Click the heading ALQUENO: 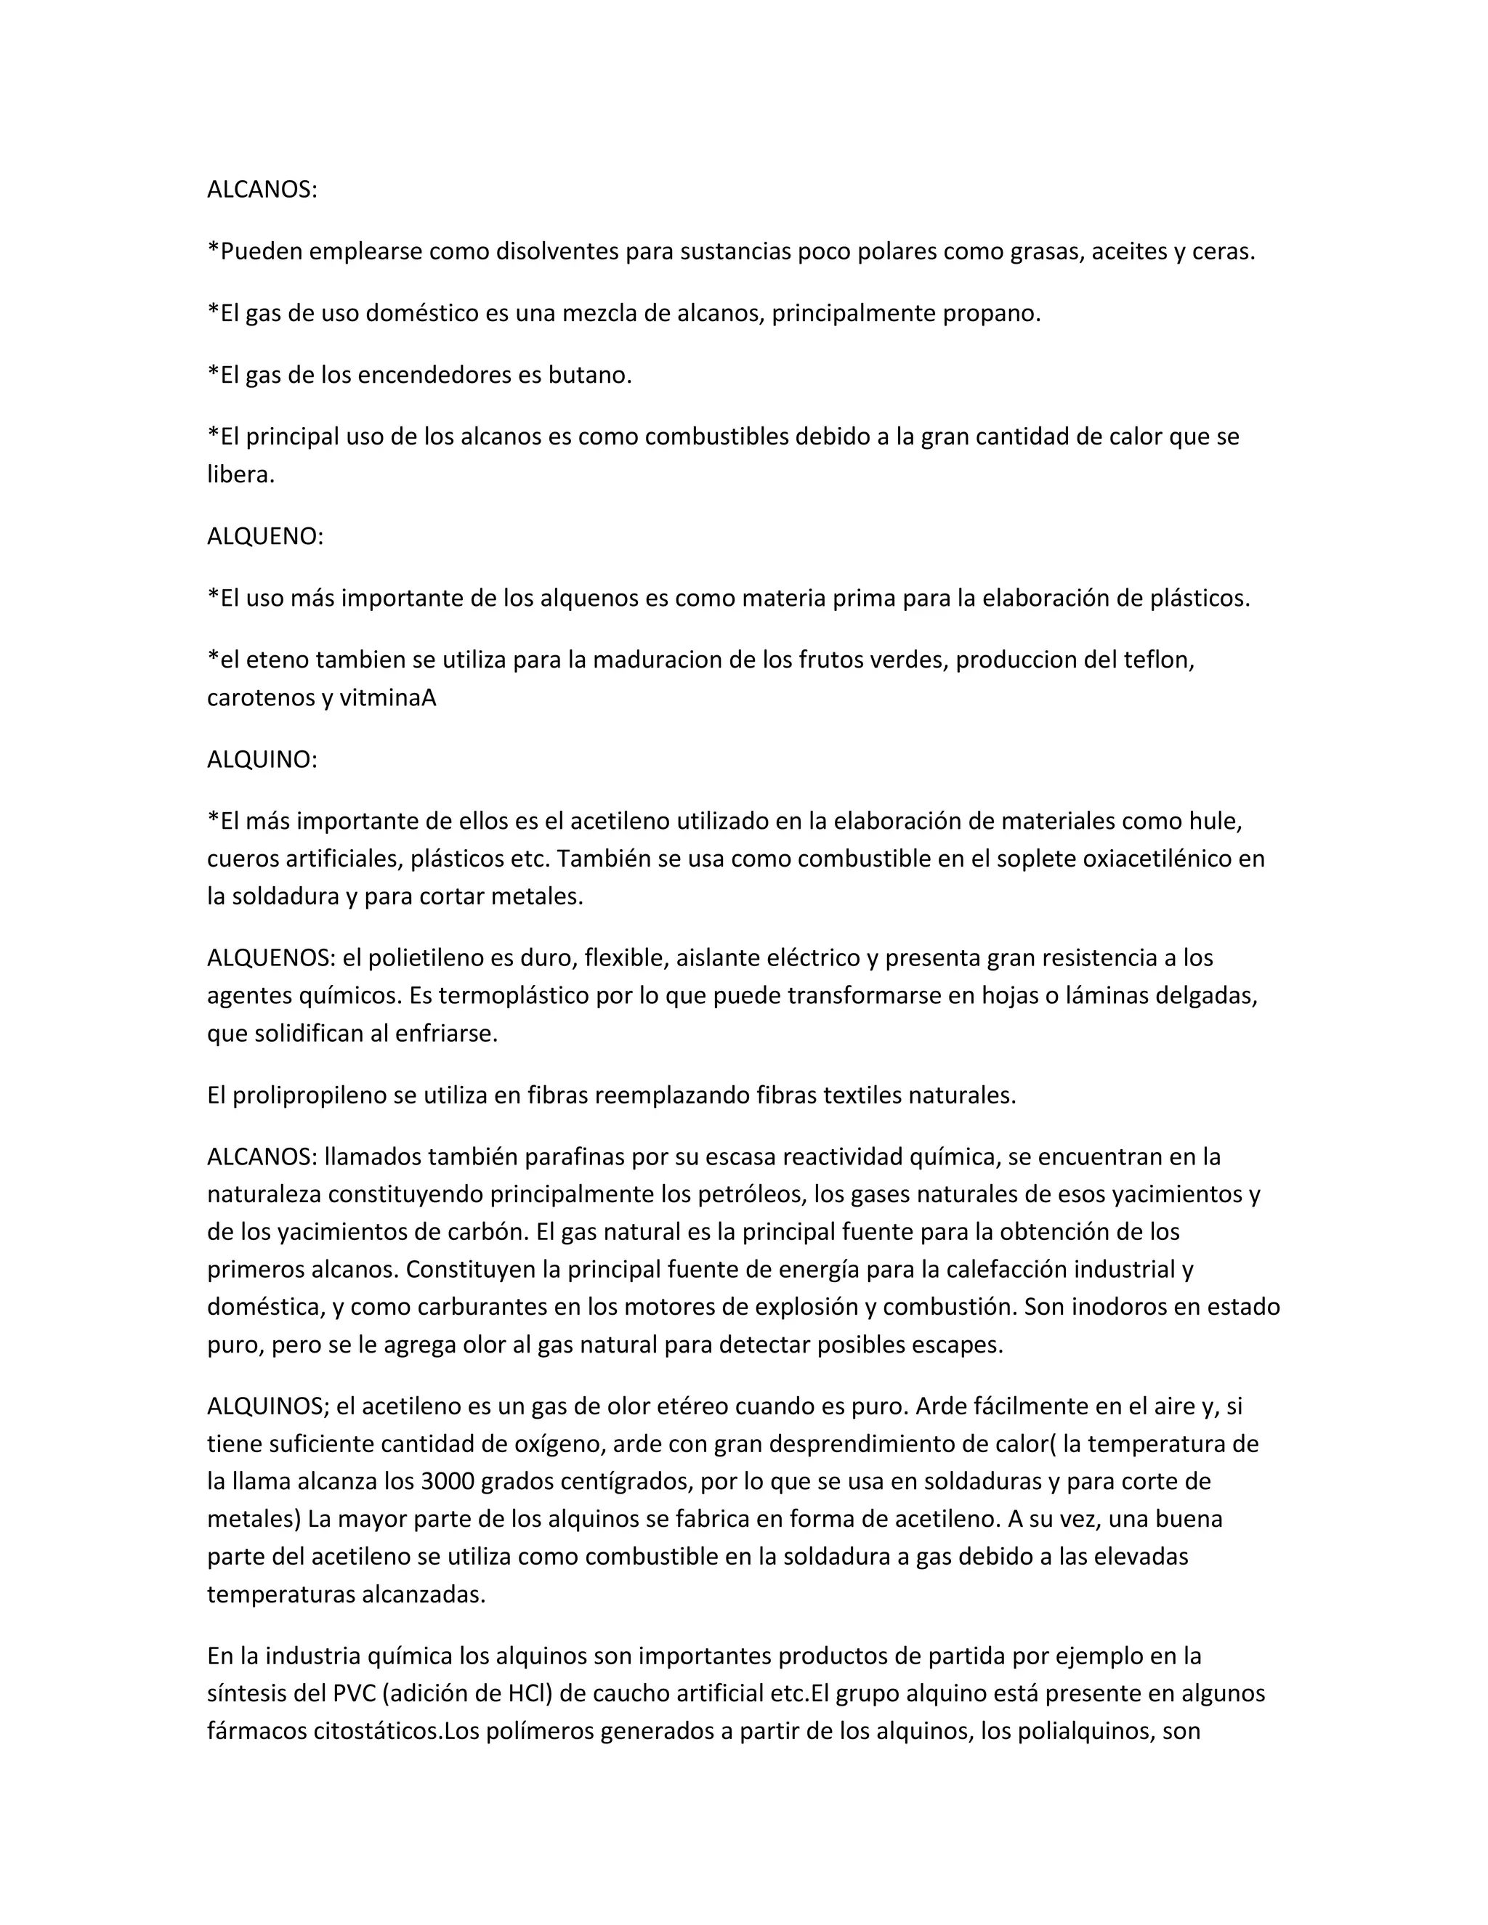click(265, 537)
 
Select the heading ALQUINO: click(262, 760)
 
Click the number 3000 click(450, 1482)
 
